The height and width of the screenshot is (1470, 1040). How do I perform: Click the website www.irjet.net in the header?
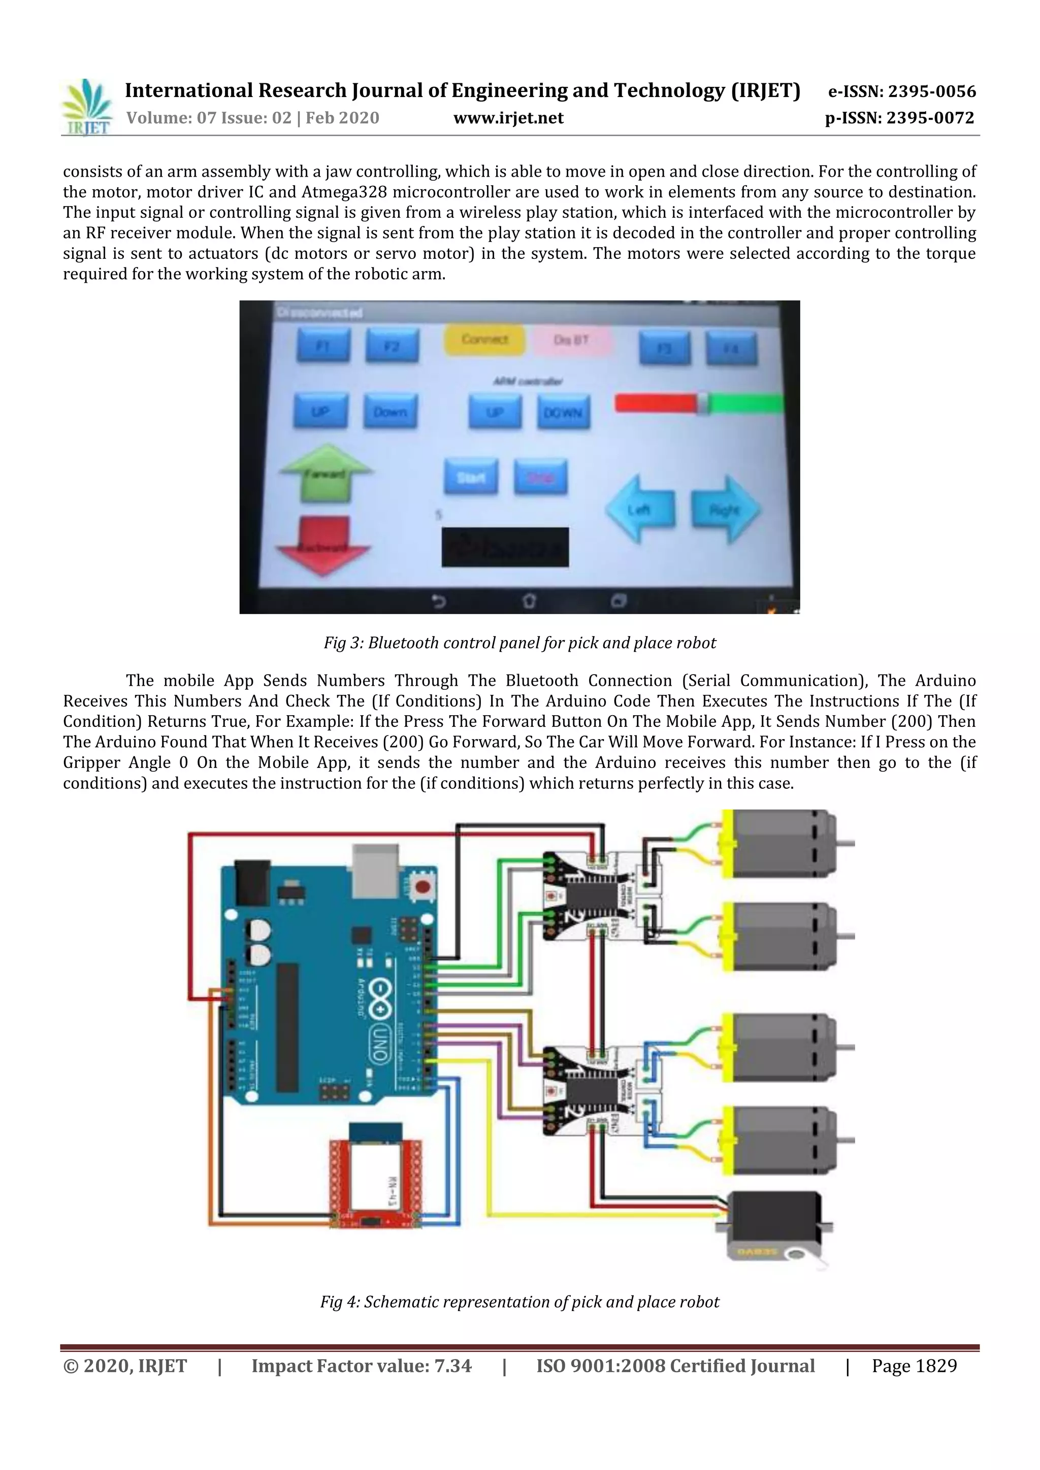[x=508, y=118]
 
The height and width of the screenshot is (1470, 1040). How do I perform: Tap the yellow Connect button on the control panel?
[x=485, y=340]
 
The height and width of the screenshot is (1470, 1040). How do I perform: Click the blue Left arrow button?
[x=640, y=509]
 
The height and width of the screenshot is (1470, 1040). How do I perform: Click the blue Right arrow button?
[x=726, y=510]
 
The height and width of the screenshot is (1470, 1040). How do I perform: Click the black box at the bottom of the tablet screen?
[x=505, y=547]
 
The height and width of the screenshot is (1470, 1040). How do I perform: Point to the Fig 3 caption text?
[x=519, y=643]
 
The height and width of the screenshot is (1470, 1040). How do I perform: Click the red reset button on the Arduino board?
[x=422, y=887]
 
